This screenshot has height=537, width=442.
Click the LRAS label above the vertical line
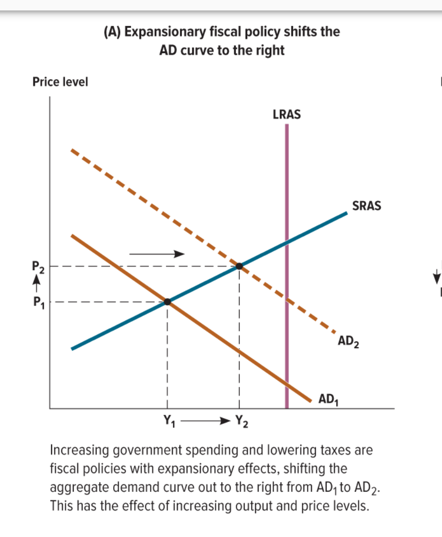287,114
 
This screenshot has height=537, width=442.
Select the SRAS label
366,206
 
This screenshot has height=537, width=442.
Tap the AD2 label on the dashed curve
349,342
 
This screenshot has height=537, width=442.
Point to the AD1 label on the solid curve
329,399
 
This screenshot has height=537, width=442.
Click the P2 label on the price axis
38,267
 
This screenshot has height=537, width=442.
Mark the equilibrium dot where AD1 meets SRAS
167,302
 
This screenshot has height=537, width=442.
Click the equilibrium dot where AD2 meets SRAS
240,266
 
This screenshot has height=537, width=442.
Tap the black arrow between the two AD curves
156,254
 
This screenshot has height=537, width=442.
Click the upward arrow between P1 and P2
35,284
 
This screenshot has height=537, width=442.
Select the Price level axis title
60,82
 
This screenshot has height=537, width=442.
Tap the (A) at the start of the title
112,32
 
